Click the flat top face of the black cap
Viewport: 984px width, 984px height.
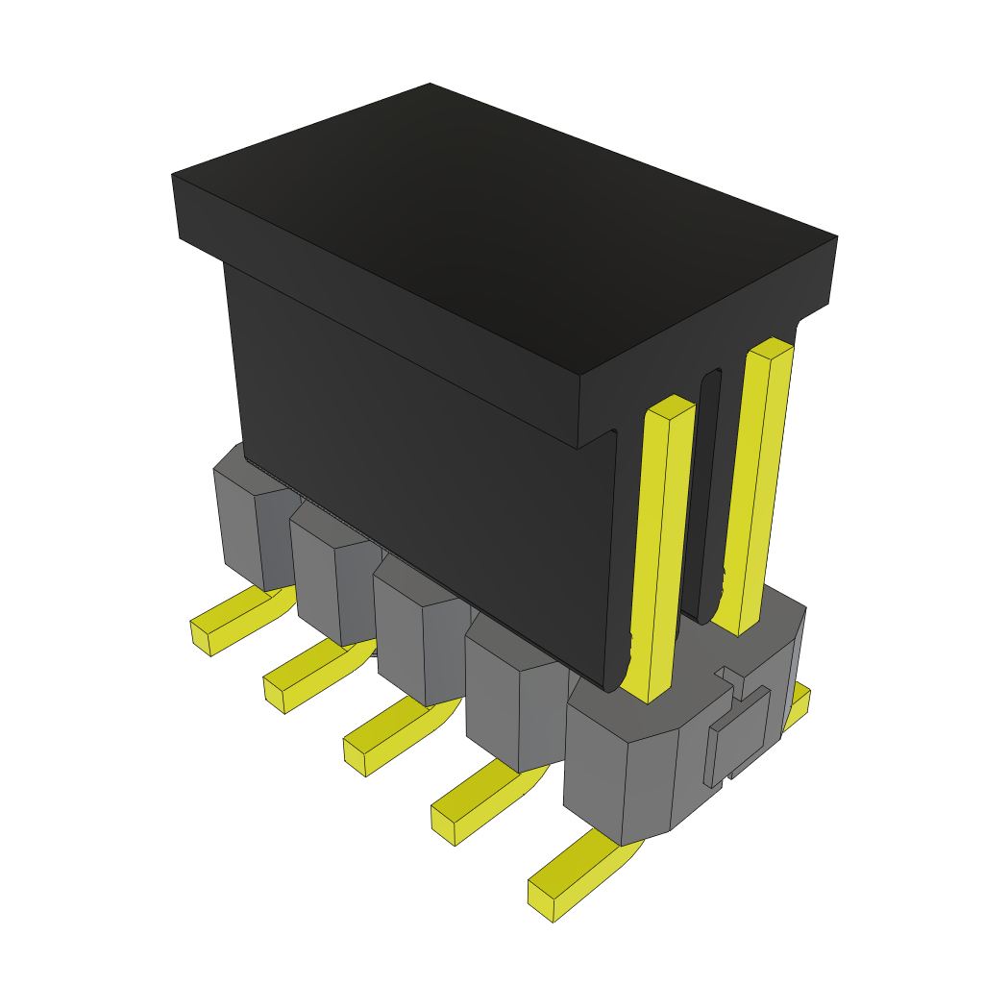pyautogui.click(x=500, y=221)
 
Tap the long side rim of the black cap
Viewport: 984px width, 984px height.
pyautogui.click(x=375, y=307)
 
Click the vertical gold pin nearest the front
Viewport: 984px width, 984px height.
pyautogui.click(x=663, y=548)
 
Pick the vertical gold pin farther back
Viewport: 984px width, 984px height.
pyautogui.click(x=759, y=480)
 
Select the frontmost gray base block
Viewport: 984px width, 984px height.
pyautogui.click(x=625, y=769)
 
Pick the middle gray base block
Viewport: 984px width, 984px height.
pyautogui.click(x=413, y=634)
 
